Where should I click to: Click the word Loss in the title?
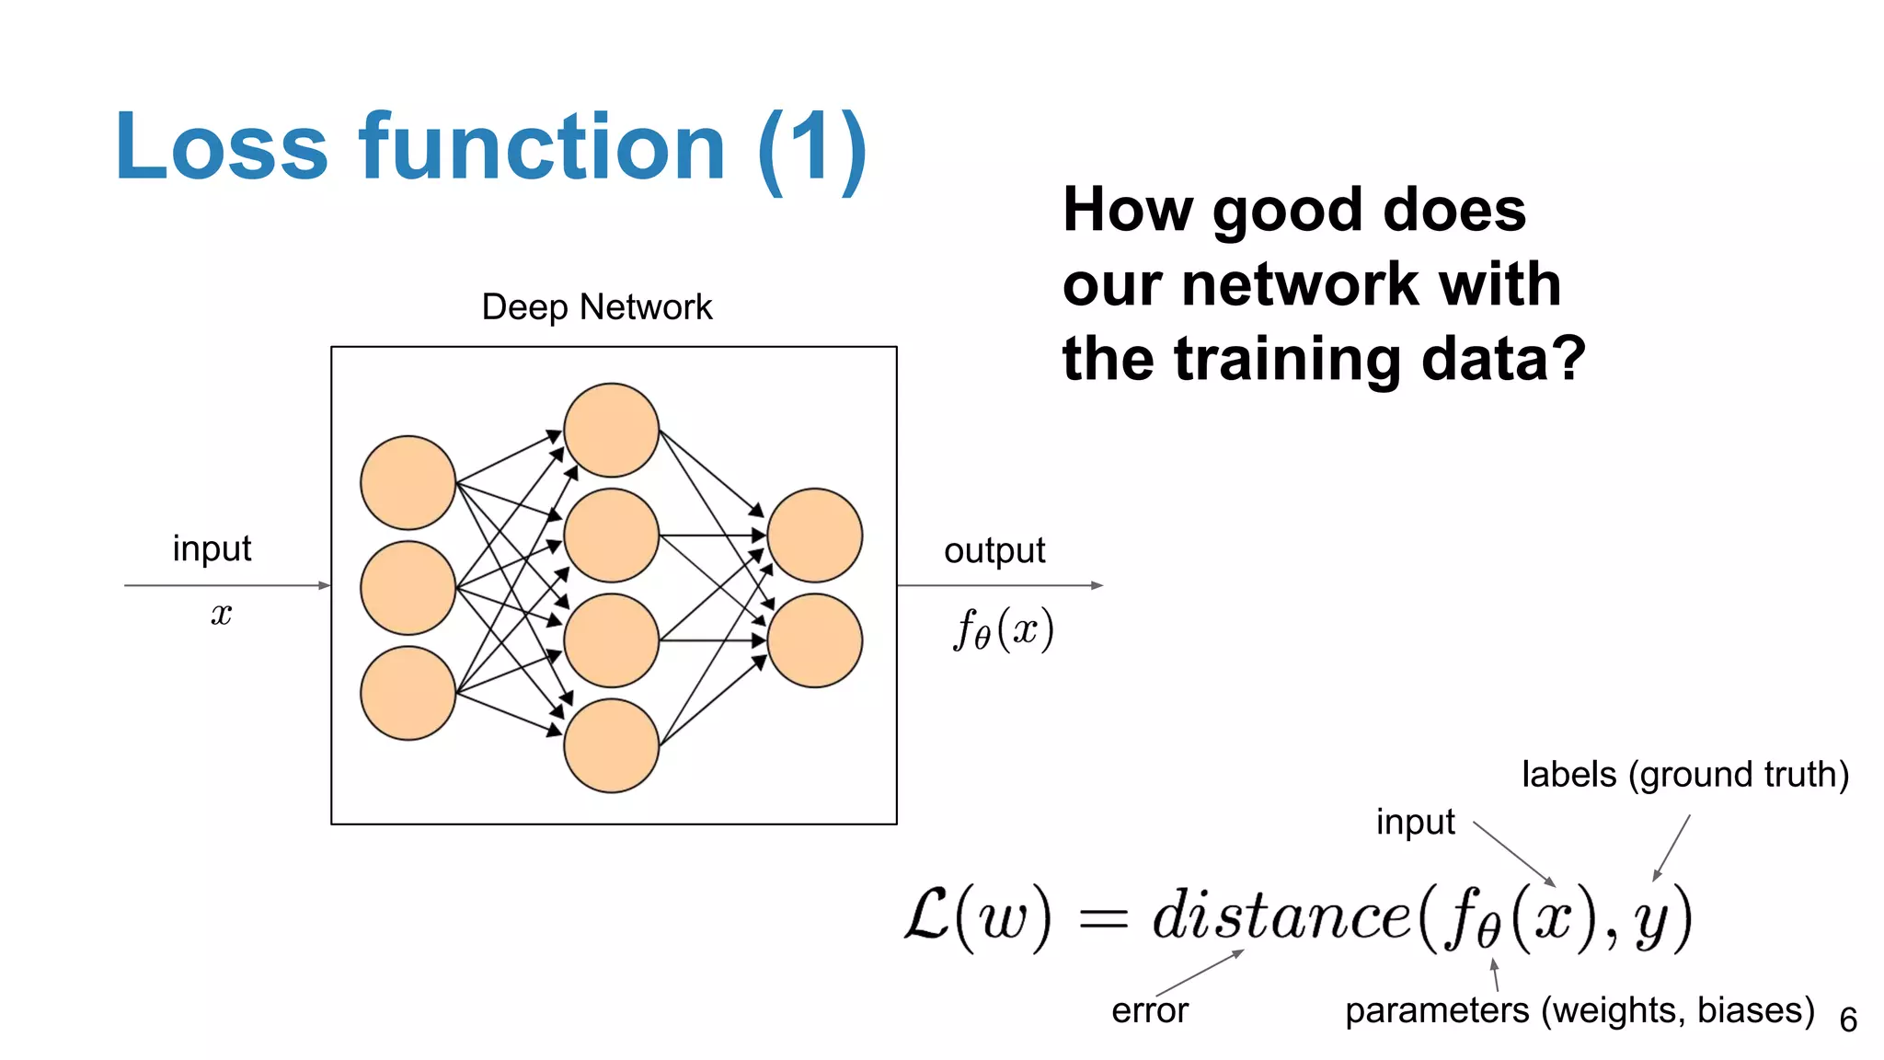(x=221, y=147)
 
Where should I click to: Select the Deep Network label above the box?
(x=596, y=307)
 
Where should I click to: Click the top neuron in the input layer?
(x=408, y=482)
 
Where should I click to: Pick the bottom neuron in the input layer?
(x=408, y=693)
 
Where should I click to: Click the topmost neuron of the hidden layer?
(x=611, y=430)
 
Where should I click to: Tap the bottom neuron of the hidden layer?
(x=611, y=745)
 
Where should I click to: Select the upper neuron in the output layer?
(x=814, y=535)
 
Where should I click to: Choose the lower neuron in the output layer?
(x=814, y=640)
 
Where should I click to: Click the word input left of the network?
(x=212, y=548)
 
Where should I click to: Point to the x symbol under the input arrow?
(x=221, y=614)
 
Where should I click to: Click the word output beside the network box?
(x=994, y=551)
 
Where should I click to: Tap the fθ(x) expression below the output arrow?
(x=1003, y=630)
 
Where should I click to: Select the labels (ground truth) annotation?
(x=1684, y=775)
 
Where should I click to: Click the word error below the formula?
(x=1149, y=1010)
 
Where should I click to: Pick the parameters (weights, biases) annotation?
(x=1580, y=1010)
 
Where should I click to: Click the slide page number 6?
(x=1848, y=1020)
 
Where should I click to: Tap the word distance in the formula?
(x=1281, y=916)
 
